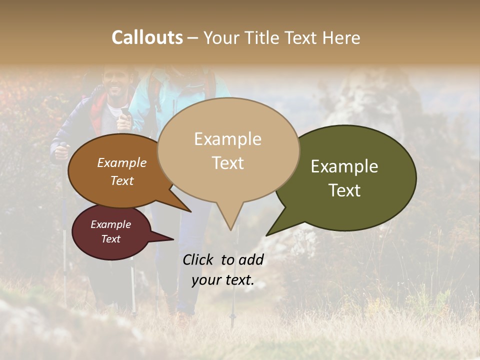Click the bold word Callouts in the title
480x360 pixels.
tap(147, 37)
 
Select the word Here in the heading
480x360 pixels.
tap(342, 37)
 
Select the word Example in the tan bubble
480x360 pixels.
tap(227, 139)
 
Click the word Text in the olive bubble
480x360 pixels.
tap(344, 190)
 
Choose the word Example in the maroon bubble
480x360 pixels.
tap(110, 224)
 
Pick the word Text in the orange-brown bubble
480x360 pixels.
tap(122, 180)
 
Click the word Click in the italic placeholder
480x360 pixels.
tap(199, 259)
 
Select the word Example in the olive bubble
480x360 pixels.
tap(344, 166)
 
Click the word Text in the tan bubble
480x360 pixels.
tap(227, 163)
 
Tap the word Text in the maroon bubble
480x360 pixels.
tap(110, 239)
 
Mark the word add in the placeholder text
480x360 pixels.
tap(250, 259)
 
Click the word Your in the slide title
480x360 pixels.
tap(221, 37)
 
